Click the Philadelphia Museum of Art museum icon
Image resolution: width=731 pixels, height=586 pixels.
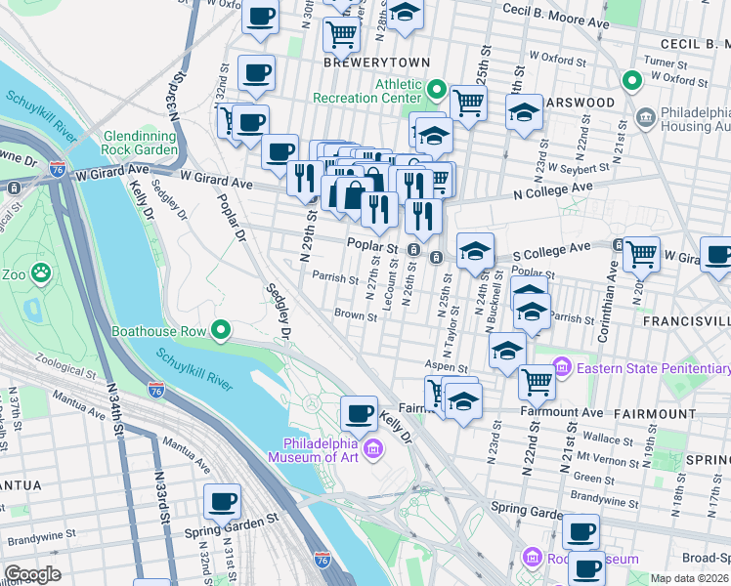point(372,448)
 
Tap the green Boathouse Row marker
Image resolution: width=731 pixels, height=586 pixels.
point(222,331)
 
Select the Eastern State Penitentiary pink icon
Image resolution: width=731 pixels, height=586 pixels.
point(562,368)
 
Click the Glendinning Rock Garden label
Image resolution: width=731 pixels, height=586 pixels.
point(139,143)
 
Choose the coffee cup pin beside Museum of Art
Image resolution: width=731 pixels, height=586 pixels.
point(360,413)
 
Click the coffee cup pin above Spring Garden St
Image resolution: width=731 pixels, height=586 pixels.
point(222,503)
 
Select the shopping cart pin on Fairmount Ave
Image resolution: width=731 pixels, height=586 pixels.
point(537,383)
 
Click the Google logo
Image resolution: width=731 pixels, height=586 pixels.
point(32,573)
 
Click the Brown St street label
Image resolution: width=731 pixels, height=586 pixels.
point(356,315)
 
